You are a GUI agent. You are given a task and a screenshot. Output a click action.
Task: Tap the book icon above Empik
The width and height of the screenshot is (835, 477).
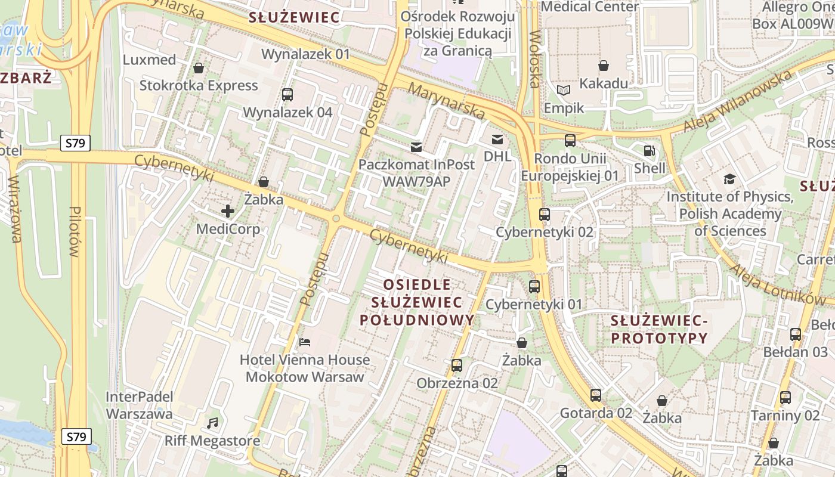pos(564,91)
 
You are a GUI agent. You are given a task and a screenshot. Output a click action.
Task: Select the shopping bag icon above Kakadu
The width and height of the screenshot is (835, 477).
pos(604,65)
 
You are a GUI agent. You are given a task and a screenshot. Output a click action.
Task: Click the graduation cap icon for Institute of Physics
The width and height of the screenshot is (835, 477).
pos(729,179)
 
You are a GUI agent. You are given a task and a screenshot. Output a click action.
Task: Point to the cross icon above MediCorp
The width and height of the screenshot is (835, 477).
pos(228,210)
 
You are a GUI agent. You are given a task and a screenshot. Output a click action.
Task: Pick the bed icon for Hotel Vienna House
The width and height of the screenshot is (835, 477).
pos(305,342)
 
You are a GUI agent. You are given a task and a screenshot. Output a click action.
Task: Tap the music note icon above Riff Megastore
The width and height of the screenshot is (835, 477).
pos(212,423)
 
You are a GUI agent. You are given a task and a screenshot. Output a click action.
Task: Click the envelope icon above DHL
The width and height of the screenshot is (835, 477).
pos(497,140)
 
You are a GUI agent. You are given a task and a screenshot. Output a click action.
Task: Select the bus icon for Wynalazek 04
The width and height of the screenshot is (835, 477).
pos(287,94)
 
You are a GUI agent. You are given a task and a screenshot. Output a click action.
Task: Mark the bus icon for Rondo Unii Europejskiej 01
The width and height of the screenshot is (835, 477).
pos(570,141)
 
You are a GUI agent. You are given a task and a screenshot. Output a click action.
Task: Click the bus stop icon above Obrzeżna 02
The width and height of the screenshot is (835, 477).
pos(457,365)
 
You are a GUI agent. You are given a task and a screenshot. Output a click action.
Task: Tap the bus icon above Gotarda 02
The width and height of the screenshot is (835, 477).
pos(595,395)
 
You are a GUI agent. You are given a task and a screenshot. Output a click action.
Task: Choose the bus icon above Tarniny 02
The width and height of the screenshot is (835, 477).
pos(785,397)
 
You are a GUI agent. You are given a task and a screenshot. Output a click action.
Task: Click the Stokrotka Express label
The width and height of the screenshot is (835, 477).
pos(199,85)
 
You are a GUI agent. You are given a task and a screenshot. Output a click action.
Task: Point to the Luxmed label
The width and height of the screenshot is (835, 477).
pos(149,60)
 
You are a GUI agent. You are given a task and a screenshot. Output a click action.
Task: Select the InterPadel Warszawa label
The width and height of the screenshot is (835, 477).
pos(139,405)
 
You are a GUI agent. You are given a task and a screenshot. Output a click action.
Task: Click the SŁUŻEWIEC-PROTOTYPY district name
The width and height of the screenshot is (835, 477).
pos(659,330)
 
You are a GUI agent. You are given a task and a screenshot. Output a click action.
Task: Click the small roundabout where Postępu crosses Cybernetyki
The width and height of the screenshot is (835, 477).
pos(336,219)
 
